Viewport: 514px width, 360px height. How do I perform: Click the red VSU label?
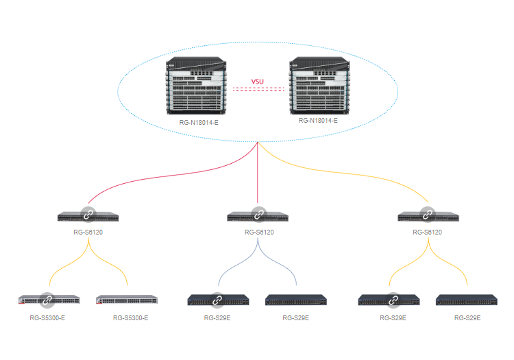coord(258,82)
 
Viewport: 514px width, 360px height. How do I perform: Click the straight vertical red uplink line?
coord(258,175)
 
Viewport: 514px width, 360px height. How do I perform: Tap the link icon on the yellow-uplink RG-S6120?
coord(428,215)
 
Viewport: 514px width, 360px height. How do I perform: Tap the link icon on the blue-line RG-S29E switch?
coord(217,300)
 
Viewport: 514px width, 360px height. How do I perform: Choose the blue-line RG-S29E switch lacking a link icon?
coord(295,300)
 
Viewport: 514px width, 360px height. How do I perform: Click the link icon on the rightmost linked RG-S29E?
coord(392,300)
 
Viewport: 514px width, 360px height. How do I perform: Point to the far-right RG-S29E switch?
coord(467,300)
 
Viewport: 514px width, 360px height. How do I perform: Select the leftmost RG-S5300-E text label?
coord(47,318)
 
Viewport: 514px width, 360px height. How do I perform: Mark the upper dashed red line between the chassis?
coord(258,88)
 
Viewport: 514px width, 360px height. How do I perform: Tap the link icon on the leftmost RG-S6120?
coord(88,215)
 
